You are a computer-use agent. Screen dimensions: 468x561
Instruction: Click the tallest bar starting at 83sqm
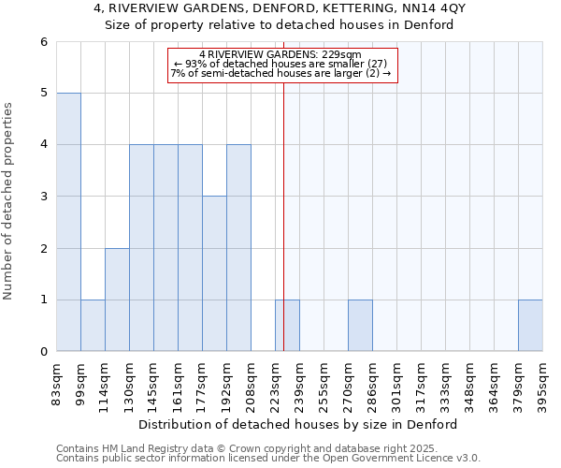pyautogui.click(x=68, y=222)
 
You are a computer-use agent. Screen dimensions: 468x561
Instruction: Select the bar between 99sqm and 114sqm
pyautogui.click(x=93, y=326)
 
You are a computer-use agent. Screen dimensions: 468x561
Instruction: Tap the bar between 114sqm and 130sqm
pyautogui.click(x=117, y=300)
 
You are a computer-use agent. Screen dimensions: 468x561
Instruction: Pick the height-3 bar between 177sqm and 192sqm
pyautogui.click(x=214, y=274)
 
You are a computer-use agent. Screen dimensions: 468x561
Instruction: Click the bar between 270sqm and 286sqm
pyautogui.click(x=360, y=326)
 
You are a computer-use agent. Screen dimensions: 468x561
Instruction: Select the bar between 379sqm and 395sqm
pyautogui.click(x=530, y=326)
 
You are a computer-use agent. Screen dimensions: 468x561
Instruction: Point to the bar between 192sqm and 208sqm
pyautogui.click(x=238, y=248)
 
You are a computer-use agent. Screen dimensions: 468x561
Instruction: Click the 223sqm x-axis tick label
pyautogui.click(x=276, y=382)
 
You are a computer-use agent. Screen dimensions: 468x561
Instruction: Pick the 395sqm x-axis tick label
pyautogui.click(x=543, y=382)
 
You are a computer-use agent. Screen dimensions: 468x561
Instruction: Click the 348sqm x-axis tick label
pyautogui.click(x=470, y=382)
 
